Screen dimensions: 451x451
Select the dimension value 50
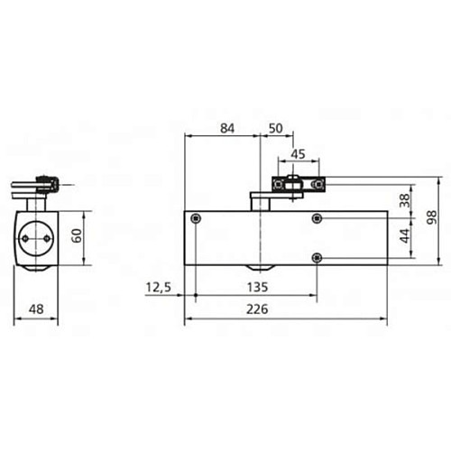275,128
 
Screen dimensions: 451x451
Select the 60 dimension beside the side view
78,236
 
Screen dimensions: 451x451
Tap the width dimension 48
37,308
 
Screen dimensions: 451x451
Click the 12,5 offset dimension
158,288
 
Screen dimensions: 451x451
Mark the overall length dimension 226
287,309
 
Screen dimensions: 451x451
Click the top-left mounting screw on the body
196,219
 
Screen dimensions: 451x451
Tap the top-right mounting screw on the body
316,219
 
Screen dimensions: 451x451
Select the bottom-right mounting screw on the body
316,259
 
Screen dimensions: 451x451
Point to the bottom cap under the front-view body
260,271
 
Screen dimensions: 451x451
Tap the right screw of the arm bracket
316,185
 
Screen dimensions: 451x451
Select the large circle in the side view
38,237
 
